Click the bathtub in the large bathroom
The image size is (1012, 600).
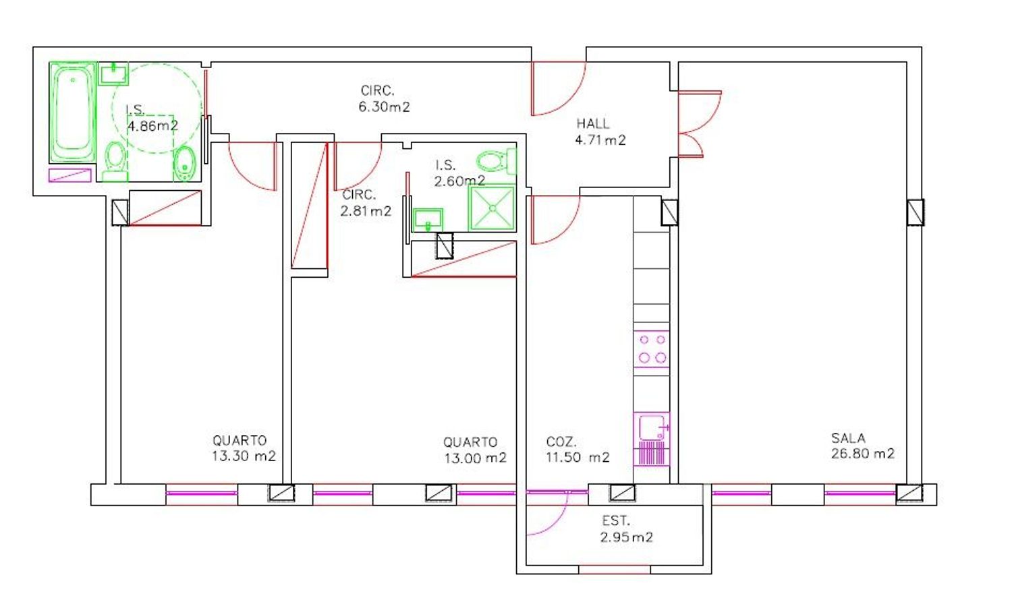73,112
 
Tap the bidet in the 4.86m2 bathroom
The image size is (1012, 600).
184,163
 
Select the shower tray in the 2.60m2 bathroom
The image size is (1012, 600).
492,208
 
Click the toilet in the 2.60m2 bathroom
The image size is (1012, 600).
496,160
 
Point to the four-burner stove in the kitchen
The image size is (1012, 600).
652,349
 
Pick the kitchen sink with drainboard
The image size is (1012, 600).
652,440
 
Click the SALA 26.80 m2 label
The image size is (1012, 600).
862,446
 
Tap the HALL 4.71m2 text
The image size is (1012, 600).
600,132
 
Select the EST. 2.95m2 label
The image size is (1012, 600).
627,529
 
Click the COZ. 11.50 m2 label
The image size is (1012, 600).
578,450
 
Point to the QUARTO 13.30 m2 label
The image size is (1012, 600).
244,448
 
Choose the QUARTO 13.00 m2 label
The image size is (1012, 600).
475,450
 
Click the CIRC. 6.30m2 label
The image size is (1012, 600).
384,99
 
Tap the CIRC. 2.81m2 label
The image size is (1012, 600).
366,203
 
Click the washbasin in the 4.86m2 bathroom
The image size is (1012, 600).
114,73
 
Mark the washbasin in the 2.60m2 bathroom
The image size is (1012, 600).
428,220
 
